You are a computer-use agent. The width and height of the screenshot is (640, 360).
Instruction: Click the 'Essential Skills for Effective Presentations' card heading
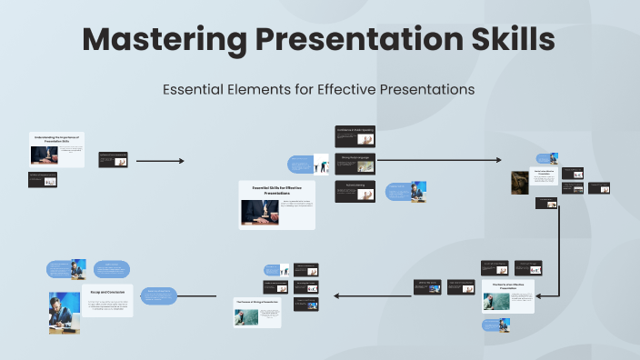277,190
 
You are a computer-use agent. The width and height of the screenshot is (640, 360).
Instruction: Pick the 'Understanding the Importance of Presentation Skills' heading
57,138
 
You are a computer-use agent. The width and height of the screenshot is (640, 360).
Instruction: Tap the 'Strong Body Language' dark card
355,161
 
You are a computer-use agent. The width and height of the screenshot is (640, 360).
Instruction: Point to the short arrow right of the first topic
160,161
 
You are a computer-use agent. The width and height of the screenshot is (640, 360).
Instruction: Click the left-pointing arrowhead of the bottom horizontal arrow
337,295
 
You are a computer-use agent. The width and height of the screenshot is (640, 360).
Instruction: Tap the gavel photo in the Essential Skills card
259,211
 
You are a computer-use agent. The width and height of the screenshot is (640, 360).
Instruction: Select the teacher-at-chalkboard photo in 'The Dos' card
496,302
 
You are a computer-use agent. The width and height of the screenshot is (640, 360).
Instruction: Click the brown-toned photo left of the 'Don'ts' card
520,182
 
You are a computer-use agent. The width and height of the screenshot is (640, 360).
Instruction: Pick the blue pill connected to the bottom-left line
158,295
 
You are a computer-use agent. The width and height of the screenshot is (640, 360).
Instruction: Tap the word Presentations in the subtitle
428,90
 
